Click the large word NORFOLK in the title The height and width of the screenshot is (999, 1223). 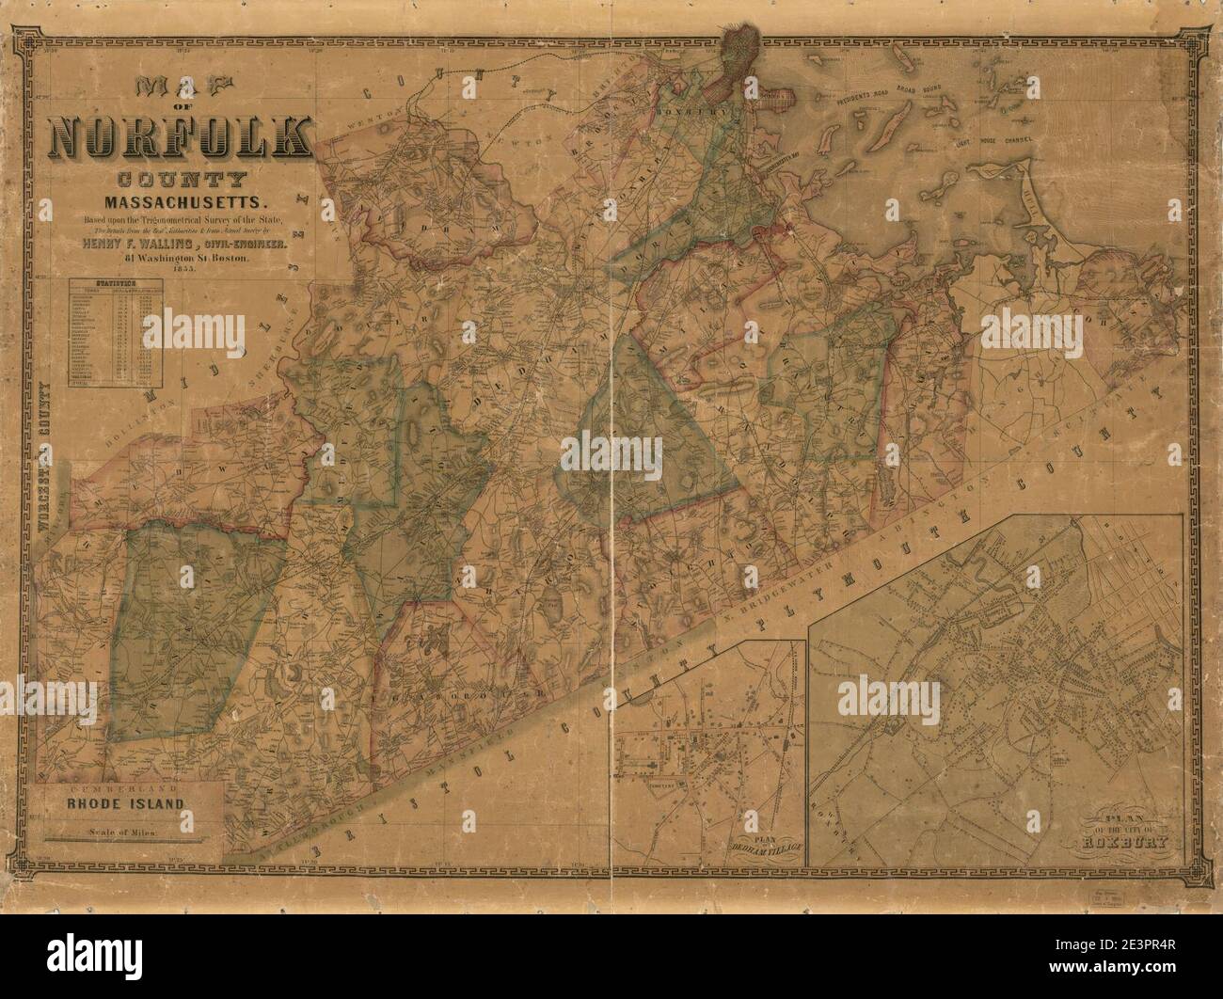click(x=180, y=136)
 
